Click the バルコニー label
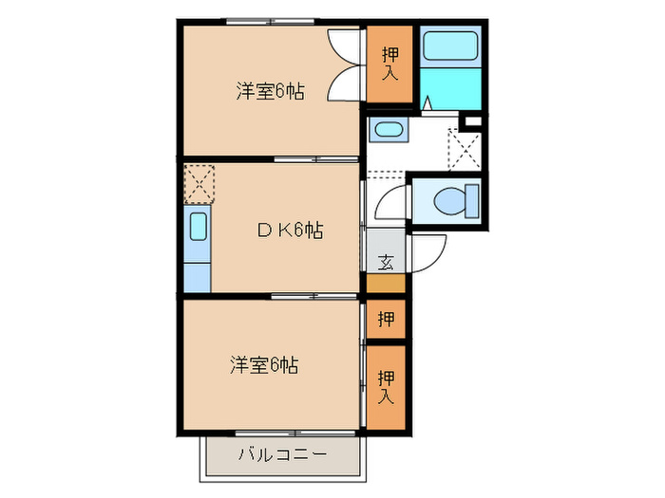pyautogui.click(x=282, y=455)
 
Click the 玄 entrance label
pyautogui.click(x=387, y=262)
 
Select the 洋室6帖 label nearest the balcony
pyautogui.click(x=263, y=364)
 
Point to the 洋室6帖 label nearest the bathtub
pyautogui.click(x=270, y=92)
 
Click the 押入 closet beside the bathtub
pyautogui.click(x=389, y=65)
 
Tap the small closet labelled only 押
pyautogui.click(x=386, y=319)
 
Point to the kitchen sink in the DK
pyautogui.click(x=198, y=229)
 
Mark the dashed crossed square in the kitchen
pyautogui.click(x=199, y=183)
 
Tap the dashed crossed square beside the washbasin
pyautogui.click(x=464, y=148)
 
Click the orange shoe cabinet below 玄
pyautogui.click(x=386, y=283)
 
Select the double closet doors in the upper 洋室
pyautogui.click(x=343, y=66)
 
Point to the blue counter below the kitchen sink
pyautogui.click(x=198, y=276)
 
